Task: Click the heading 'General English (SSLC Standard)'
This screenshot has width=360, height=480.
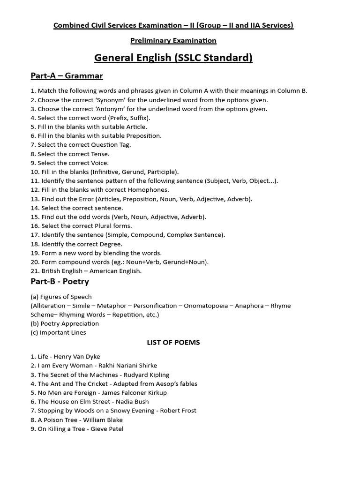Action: point(173,58)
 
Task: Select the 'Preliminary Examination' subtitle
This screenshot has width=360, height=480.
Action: point(173,40)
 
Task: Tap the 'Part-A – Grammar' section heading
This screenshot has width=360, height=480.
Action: point(67,75)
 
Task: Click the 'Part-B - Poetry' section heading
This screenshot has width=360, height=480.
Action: point(60,281)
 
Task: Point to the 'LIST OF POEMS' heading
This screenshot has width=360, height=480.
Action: point(173,342)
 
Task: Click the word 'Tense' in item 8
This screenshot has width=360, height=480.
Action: point(100,154)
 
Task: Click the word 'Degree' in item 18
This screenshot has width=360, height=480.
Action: point(112,244)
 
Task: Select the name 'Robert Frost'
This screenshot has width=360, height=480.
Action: point(178,411)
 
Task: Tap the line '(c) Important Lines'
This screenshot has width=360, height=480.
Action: point(59,332)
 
